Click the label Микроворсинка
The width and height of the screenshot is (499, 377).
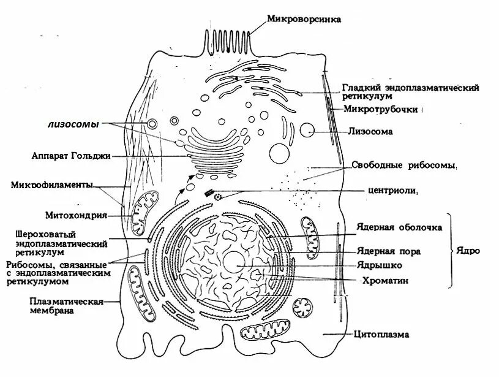304,19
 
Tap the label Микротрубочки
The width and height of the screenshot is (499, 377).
383,110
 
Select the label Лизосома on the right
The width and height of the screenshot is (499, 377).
370,131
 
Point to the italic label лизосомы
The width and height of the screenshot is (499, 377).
73,124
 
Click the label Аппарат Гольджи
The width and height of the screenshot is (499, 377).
71,156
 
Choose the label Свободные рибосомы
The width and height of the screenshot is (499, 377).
405,166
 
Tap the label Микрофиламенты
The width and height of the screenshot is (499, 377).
52,185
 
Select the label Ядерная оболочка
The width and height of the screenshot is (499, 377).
399,227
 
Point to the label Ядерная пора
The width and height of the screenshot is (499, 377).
389,251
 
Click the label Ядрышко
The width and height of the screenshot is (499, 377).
379,265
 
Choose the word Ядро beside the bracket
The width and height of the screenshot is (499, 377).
468,251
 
